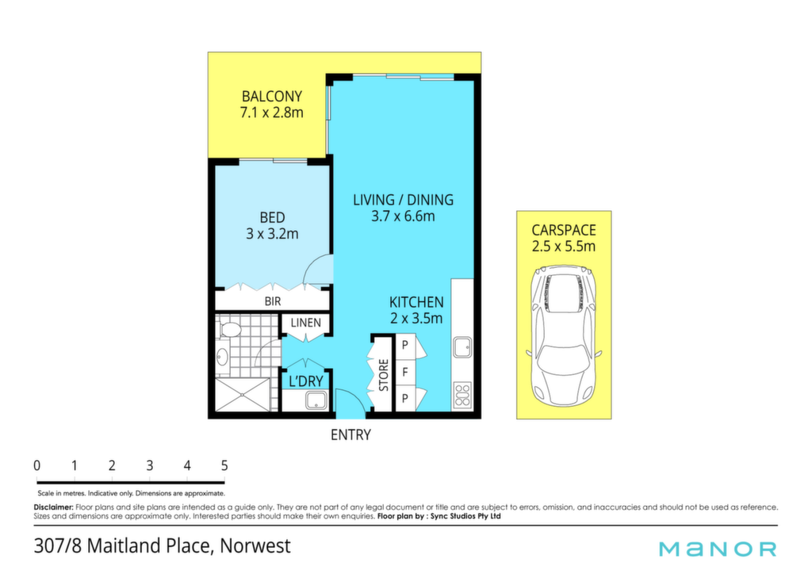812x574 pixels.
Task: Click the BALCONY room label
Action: (x=272, y=96)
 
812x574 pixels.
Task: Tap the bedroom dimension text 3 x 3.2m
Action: (x=273, y=234)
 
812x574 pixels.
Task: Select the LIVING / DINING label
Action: (x=403, y=200)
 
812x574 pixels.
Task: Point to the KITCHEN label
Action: (x=416, y=302)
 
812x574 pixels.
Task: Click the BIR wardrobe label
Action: (x=273, y=300)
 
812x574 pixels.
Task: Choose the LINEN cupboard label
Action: (x=305, y=323)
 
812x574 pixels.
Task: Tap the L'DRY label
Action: (x=305, y=381)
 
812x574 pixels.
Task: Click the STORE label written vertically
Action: (x=384, y=375)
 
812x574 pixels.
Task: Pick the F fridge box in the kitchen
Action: (x=405, y=372)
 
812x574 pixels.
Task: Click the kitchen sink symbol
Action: (x=462, y=347)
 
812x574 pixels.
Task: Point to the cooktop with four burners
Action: (x=462, y=396)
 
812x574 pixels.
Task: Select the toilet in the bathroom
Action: (x=229, y=329)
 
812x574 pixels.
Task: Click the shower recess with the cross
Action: (x=243, y=395)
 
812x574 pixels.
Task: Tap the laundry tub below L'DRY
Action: (x=316, y=400)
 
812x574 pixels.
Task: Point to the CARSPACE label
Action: (x=564, y=230)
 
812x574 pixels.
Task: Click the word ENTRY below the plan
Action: (x=350, y=434)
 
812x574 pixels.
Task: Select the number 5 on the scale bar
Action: (x=224, y=465)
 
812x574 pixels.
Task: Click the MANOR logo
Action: (x=718, y=549)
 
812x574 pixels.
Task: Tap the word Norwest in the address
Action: (x=255, y=546)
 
